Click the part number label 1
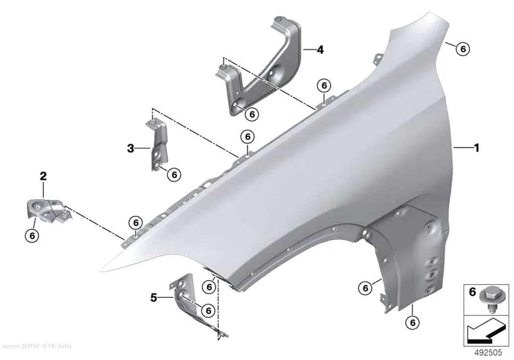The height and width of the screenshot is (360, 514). tap(477, 148)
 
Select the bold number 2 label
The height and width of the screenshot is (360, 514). tap(43, 176)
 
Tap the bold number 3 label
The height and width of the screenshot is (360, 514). tap(131, 148)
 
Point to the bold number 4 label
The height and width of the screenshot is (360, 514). tap(320, 50)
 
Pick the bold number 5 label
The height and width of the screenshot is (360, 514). tap(154, 298)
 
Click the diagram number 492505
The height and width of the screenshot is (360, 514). tap(488, 353)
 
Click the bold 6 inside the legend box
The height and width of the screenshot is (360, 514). tap(472, 291)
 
